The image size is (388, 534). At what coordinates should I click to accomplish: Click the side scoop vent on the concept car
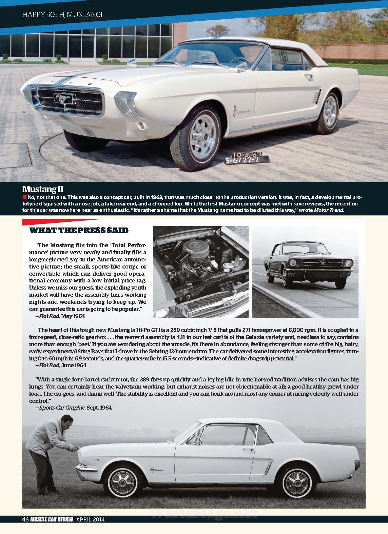point(316,95)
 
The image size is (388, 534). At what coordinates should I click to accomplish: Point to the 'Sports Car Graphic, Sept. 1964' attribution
point(73,408)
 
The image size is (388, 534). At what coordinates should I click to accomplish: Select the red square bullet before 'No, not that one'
point(24,197)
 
